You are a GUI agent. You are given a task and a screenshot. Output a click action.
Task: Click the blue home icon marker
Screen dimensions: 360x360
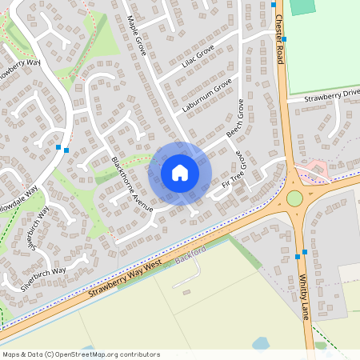[x=179, y=172]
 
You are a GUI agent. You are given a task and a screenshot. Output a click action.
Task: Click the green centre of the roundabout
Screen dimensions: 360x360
[x=294, y=198]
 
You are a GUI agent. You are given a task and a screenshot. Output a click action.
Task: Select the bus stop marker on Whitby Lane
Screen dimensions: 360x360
[x=298, y=256]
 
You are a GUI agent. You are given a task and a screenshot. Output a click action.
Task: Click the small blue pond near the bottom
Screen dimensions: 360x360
[x=261, y=343]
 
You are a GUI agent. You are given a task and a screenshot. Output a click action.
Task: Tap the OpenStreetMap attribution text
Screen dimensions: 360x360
[x=81, y=354]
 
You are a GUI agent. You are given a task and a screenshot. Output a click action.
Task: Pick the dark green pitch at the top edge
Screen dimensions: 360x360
[x=302, y=6]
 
